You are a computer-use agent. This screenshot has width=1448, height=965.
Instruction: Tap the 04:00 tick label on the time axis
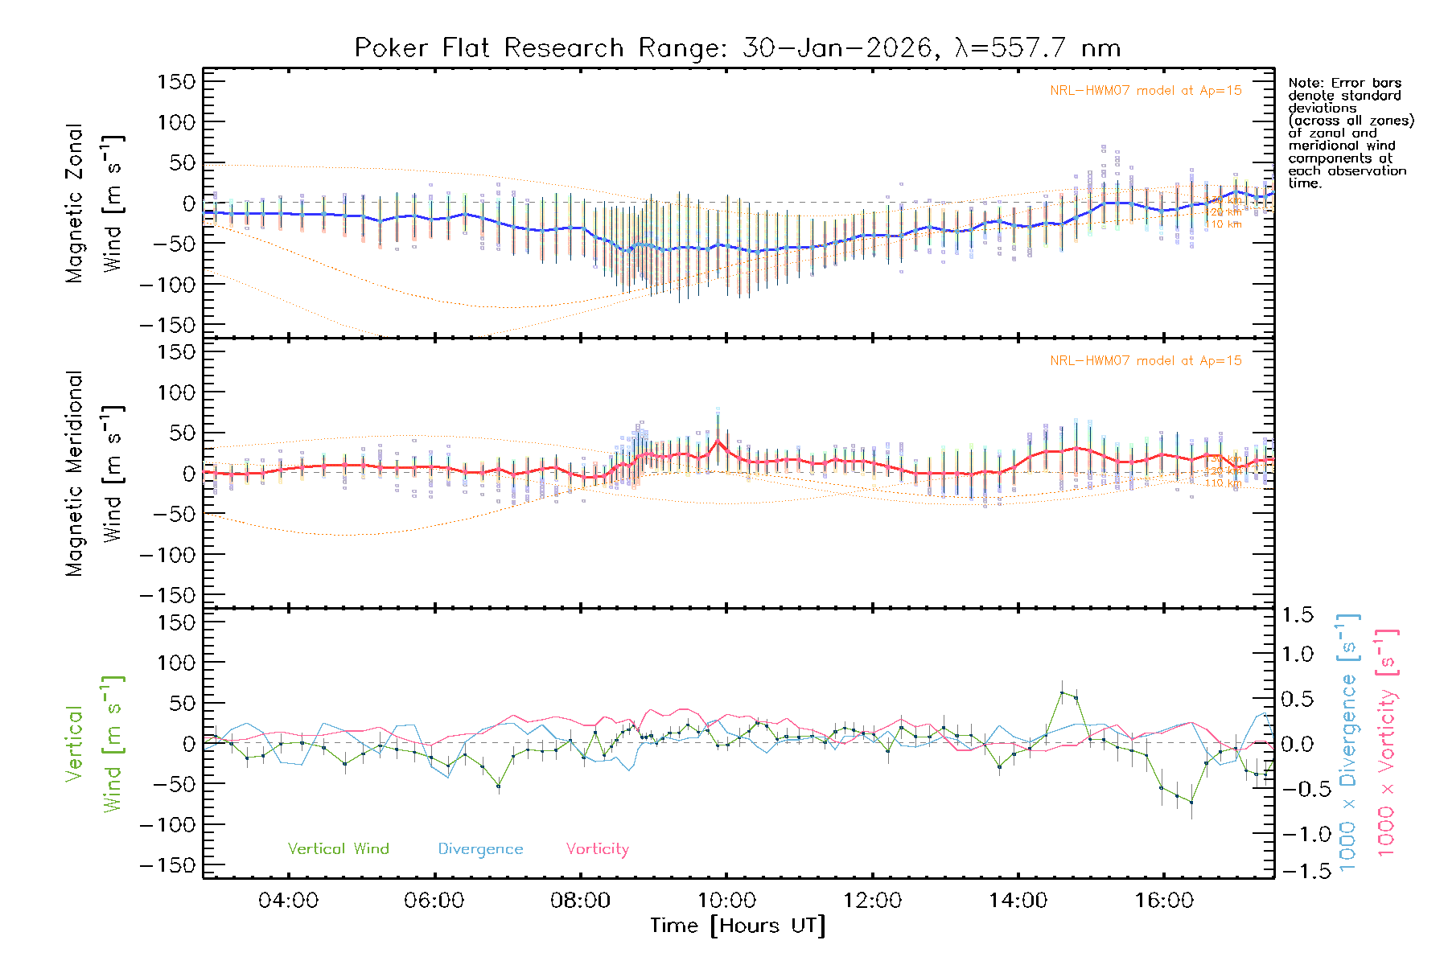pyautogui.click(x=288, y=901)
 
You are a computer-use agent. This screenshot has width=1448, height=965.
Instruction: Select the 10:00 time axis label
pyautogui.click(x=726, y=901)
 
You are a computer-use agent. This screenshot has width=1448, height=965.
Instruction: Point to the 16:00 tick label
pyautogui.click(x=1164, y=901)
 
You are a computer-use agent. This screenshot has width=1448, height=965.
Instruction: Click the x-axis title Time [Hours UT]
pyautogui.click(x=737, y=926)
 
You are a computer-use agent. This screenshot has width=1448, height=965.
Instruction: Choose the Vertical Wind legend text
pyautogui.click(x=338, y=848)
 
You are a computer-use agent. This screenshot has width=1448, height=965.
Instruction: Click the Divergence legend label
pyautogui.click(x=480, y=848)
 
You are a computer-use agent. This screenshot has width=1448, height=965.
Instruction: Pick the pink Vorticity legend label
pyautogui.click(x=597, y=848)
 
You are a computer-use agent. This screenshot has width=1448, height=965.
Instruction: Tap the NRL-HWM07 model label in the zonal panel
pyautogui.click(x=1146, y=91)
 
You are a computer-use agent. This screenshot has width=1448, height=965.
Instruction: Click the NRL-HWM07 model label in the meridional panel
pyautogui.click(x=1146, y=361)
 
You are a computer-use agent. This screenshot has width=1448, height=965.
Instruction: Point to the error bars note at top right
pyautogui.click(x=1350, y=133)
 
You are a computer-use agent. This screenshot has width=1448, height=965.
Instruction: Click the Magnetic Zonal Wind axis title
pyautogui.click(x=95, y=203)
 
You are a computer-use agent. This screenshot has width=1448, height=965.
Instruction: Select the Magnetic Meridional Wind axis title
pyautogui.click(x=95, y=474)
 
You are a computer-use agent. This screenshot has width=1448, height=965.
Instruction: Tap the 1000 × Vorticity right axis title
pyautogui.click(x=1387, y=743)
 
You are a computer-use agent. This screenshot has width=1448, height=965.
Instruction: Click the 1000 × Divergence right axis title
pyautogui.click(x=1348, y=743)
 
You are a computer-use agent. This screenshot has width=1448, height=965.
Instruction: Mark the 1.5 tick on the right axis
pyautogui.click(x=1297, y=615)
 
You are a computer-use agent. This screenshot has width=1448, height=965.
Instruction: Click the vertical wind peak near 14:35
pyautogui.click(x=1062, y=692)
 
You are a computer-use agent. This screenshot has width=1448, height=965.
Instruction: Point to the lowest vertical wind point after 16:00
pyautogui.click(x=1191, y=802)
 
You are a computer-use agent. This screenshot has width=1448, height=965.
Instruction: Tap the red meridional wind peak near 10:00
pyautogui.click(x=718, y=441)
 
